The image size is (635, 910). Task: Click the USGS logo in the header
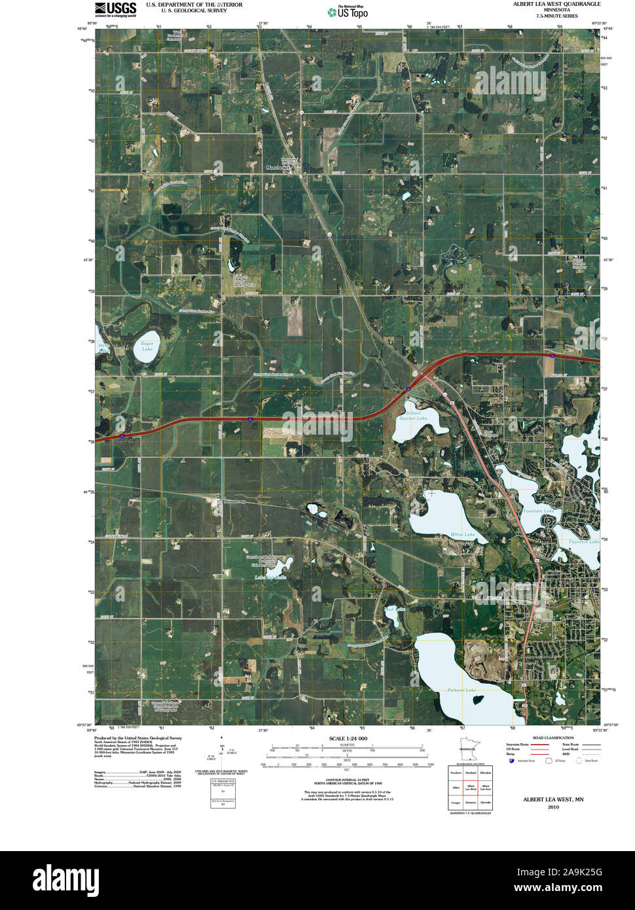pos(115,9)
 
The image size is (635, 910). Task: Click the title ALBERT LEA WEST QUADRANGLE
pos(556,4)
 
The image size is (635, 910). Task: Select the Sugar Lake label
pos(147,346)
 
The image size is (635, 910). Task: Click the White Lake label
pos(462,535)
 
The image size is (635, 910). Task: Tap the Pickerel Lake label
pos(462,690)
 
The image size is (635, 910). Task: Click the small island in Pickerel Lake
pos(479,700)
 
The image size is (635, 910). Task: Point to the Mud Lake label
pos(395,610)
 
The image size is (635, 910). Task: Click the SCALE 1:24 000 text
pos(344,738)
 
